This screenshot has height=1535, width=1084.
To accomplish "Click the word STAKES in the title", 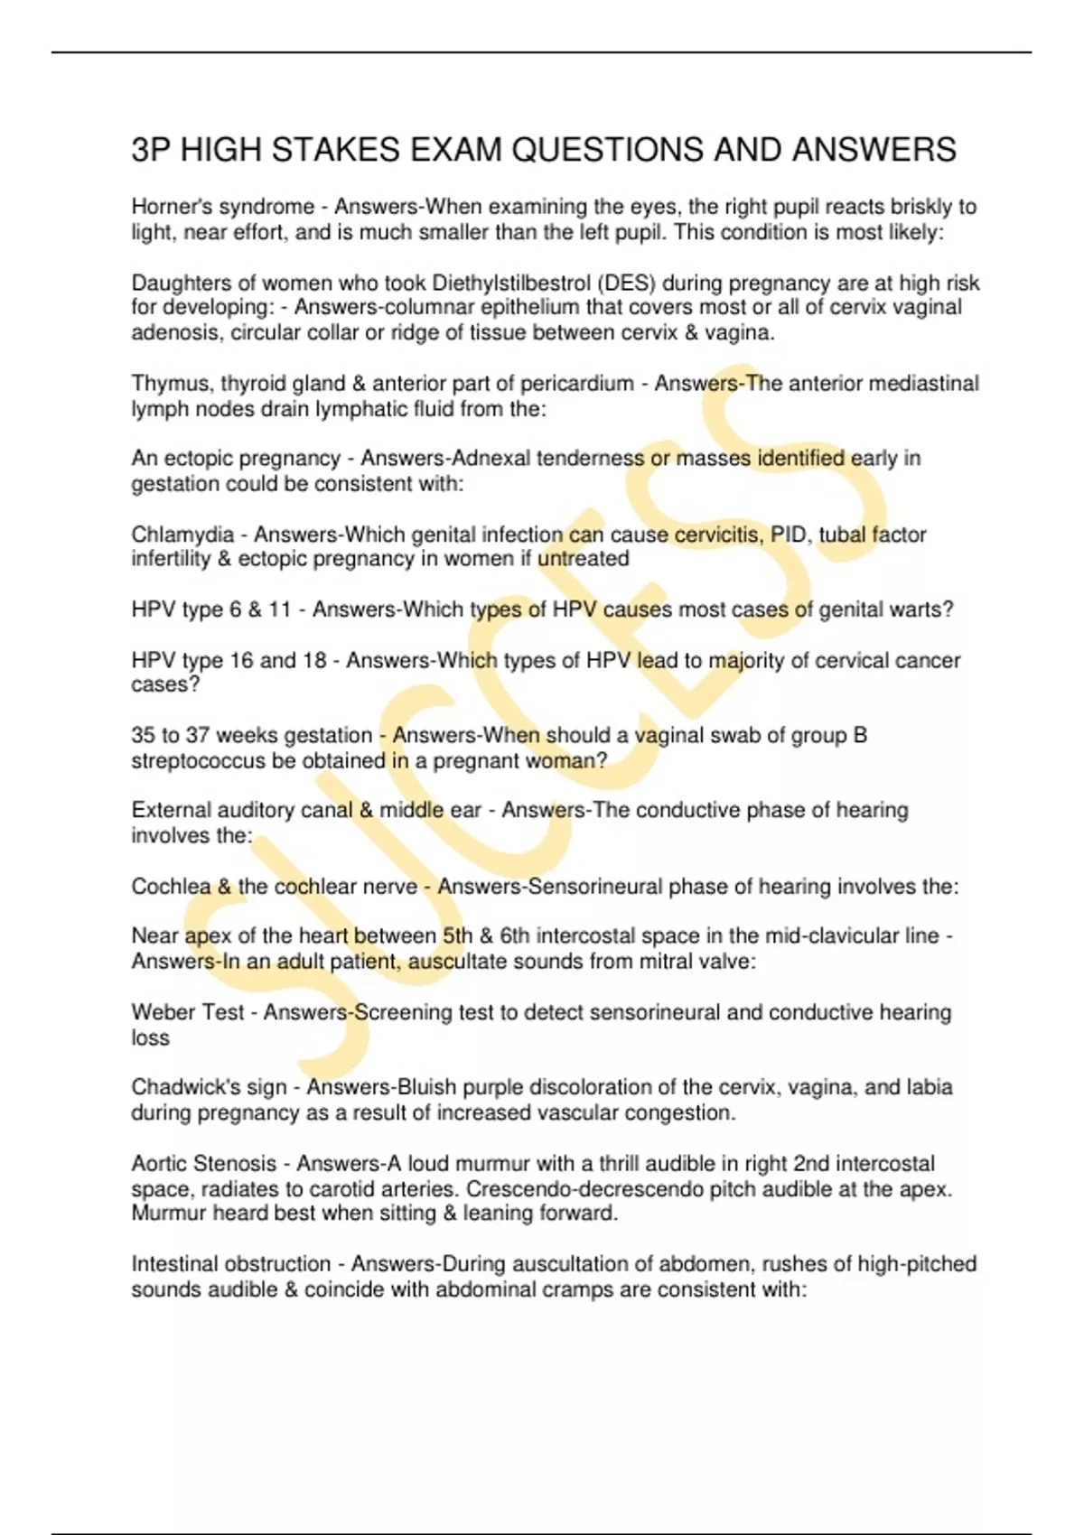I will click(x=334, y=150).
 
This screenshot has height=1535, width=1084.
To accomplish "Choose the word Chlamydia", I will click(x=182, y=535).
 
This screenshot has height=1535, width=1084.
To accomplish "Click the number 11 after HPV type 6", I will click(x=280, y=609).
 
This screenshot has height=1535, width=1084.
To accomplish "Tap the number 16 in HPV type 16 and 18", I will click(x=242, y=660).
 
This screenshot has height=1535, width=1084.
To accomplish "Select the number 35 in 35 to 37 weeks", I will click(x=143, y=736).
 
